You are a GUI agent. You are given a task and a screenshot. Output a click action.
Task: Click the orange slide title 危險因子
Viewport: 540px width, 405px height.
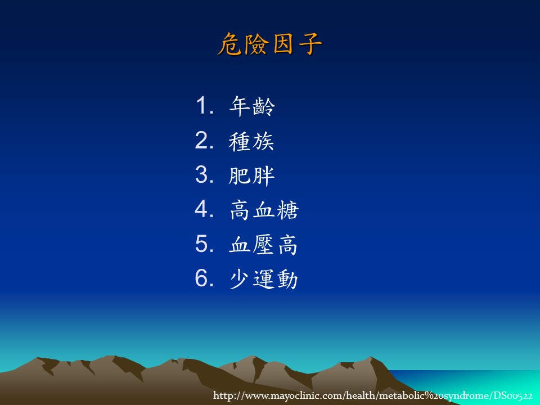(269, 44)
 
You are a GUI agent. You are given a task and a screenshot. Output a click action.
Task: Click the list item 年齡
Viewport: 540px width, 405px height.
(252, 106)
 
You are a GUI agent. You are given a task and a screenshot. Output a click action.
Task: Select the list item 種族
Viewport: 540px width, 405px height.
(251, 141)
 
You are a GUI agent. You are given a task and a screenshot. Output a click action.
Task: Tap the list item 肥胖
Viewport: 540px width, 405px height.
(251, 175)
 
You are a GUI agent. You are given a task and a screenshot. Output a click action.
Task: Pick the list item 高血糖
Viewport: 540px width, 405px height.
(264, 210)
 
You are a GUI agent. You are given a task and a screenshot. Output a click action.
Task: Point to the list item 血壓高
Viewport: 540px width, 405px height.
(263, 245)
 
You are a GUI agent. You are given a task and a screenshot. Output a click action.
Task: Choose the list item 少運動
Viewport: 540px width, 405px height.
(263, 279)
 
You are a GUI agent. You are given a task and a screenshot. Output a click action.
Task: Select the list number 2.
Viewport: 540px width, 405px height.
(204, 140)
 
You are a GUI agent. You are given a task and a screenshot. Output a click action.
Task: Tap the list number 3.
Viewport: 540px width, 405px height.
(204, 174)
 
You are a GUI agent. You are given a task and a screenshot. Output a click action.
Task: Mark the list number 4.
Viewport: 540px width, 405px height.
(204, 209)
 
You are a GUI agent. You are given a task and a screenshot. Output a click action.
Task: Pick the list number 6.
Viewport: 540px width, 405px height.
(204, 278)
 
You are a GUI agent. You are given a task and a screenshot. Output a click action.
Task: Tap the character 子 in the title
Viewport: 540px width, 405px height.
(310, 44)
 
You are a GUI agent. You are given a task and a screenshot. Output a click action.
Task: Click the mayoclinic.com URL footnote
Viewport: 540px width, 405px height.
(372, 395)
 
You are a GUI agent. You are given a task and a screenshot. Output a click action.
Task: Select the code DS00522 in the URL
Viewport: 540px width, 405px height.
(514, 395)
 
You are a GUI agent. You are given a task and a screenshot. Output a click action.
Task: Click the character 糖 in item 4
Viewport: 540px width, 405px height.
(287, 210)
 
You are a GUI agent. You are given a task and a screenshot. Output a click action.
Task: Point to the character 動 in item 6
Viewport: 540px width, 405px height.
(287, 279)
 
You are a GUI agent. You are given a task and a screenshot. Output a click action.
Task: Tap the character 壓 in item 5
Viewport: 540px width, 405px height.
(263, 245)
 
